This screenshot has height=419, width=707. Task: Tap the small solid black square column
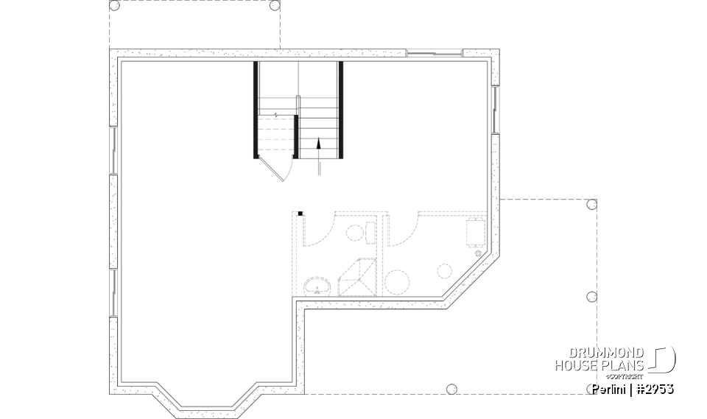(300, 214)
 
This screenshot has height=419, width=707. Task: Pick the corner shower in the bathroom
(357, 277)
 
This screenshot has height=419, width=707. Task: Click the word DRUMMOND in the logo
(609, 353)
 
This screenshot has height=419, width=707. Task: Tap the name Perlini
(611, 389)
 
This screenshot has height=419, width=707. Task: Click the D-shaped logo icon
(664, 359)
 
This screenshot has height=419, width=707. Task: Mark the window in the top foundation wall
(435, 52)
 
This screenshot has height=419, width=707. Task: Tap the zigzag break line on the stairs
(275, 116)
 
